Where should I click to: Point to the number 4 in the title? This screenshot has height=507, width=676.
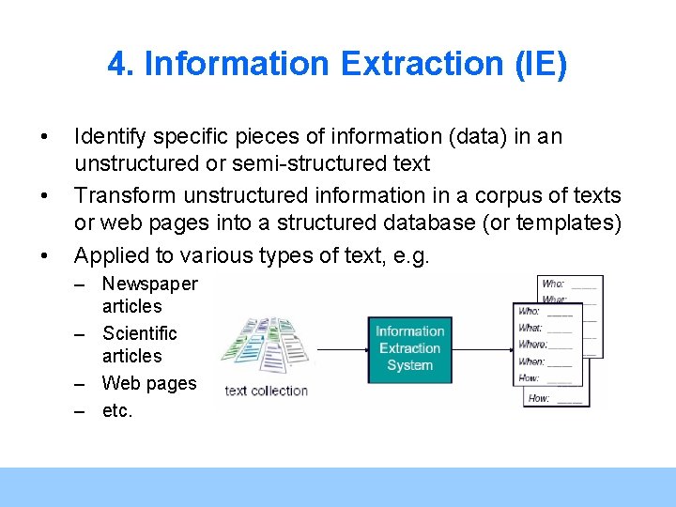click(116, 64)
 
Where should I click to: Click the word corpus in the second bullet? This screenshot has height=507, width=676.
click(476, 195)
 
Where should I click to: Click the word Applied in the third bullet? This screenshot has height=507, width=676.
click(106, 254)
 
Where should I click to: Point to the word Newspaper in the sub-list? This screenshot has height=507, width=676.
click(149, 284)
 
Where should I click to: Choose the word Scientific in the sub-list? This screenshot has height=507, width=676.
click(139, 333)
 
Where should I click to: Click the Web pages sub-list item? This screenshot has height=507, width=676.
click(149, 383)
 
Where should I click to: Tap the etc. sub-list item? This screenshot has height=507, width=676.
click(117, 410)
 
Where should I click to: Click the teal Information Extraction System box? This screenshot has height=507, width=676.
click(409, 347)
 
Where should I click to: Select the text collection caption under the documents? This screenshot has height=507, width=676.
click(266, 391)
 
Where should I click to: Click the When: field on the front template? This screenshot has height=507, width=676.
click(532, 361)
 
